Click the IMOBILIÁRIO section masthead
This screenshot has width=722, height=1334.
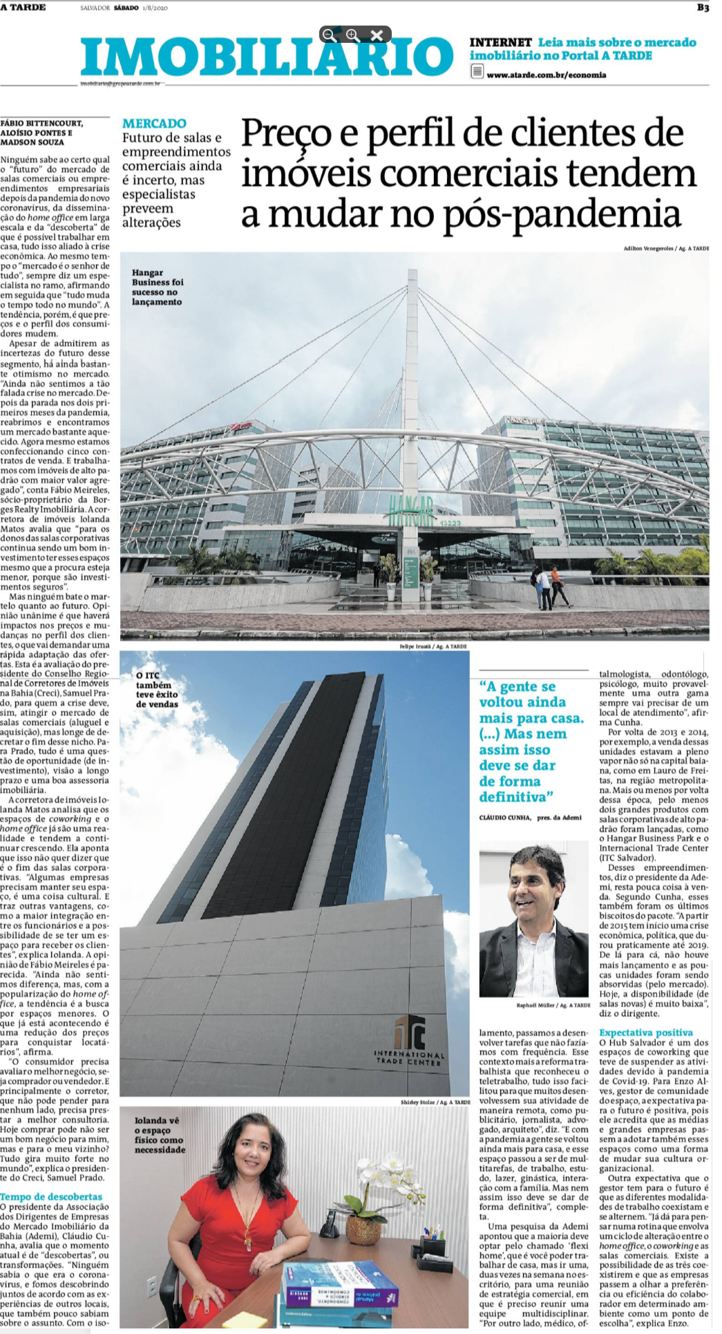click(266, 57)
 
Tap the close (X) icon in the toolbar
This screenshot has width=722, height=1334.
click(377, 35)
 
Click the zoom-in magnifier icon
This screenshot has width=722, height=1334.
click(352, 35)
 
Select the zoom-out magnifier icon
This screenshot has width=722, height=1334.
click(330, 35)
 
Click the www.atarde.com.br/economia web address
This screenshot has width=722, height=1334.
click(546, 75)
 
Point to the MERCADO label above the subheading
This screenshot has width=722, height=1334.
click(154, 124)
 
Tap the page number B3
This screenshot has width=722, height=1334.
click(703, 8)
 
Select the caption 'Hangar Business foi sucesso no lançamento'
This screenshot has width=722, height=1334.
click(158, 287)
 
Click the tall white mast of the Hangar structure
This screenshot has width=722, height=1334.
click(411, 387)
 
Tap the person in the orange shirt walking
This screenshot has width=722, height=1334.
click(557, 585)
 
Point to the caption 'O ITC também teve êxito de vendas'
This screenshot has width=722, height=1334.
click(157, 690)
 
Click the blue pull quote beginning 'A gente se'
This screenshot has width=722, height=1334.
click(531, 741)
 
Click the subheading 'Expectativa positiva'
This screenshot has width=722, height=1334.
click(646, 1032)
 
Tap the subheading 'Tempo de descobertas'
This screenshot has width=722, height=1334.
click(51, 1196)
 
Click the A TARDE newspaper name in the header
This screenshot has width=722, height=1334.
click(23, 8)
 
